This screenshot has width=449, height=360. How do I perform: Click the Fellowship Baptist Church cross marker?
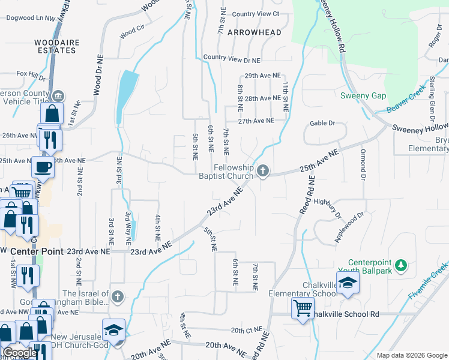[x=262, y=172]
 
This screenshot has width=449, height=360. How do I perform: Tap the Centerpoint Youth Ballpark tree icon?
[x=402, y=265]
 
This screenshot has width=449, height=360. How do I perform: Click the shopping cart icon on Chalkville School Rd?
[x=303, y=308]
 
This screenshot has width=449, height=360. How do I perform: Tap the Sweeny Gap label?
[x=363, y=96]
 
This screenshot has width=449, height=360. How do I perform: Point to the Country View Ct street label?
[x=256, y=14]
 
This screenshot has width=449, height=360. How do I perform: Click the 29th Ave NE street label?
[x=262, y=76]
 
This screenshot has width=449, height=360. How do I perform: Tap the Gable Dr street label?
[x=322, y=123]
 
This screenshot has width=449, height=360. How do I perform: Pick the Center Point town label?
[x=36, y=251]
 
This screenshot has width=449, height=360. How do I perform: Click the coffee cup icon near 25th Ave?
[x=43, y=166]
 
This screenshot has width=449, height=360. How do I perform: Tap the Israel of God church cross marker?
[x=118, y=297]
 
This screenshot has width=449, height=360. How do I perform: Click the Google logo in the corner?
[x=20, y=353]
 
